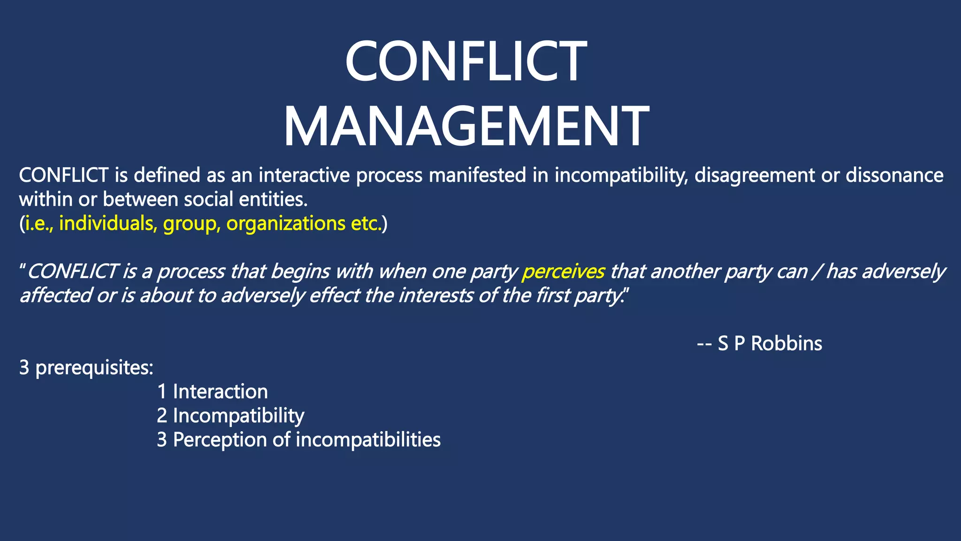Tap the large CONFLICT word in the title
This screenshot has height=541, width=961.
click(x=465, y=62)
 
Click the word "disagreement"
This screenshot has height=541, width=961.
click(x=754, y=175)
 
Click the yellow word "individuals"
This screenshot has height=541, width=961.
click(x=108, y=224)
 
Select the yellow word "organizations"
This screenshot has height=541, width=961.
click(x=286, y=224)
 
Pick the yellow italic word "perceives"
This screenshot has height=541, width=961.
click(x=564, y=271)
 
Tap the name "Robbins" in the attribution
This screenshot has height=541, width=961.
click(x=786, y=343)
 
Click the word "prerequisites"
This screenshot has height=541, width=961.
click(x=94, y=368)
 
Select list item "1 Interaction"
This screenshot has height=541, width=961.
click(x=213, y=392)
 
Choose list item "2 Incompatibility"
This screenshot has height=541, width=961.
click(x=230, y=416)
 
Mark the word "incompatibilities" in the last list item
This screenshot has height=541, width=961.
click(x=368, y=440)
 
